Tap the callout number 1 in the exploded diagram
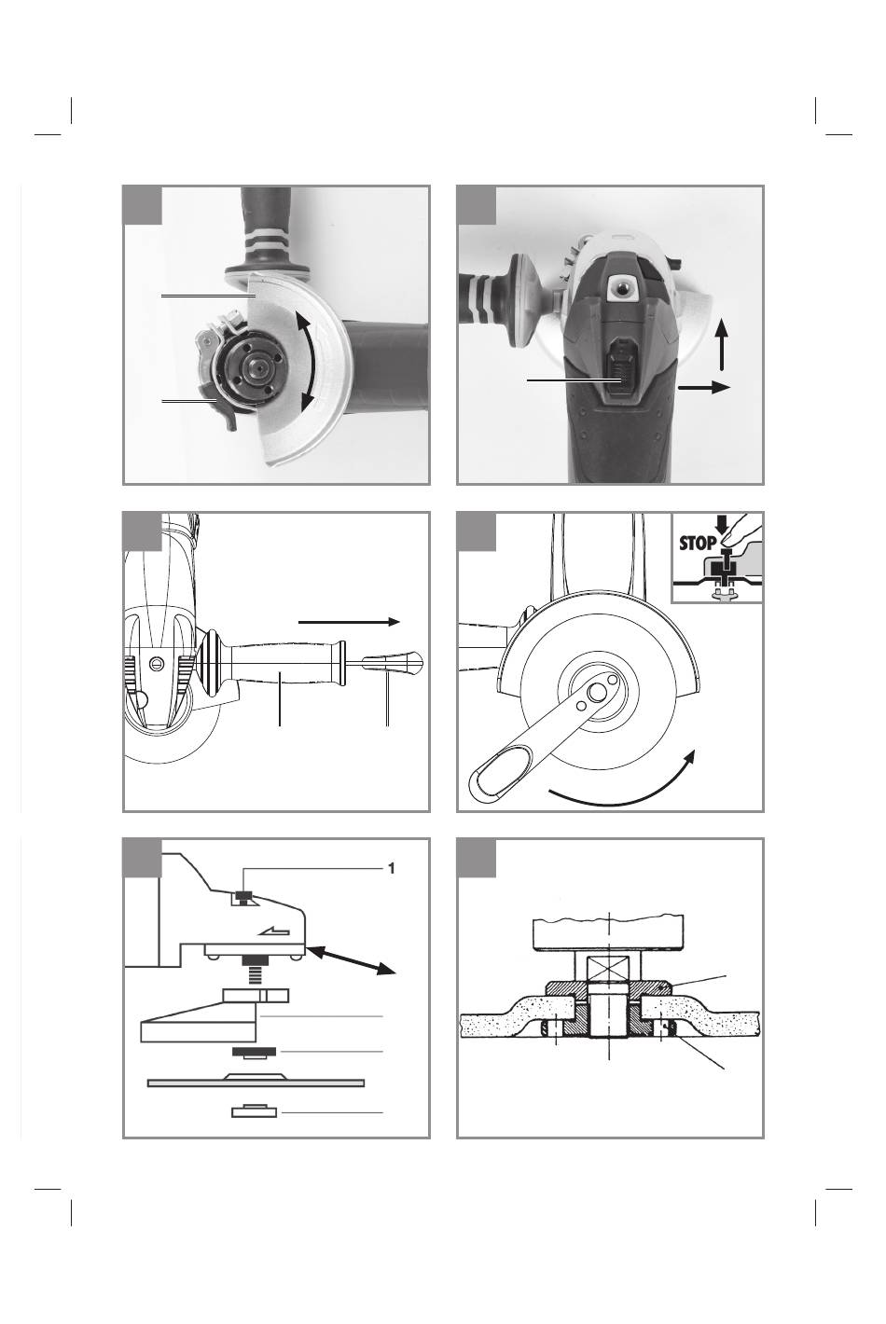coord(392,868)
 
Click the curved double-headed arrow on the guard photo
coord(307,363)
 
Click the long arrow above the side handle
coord(349,621)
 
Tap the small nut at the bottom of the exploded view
coord(254,1111)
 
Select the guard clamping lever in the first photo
coord(221,410)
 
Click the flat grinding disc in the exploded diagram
coord(256,1083)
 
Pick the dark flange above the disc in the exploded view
coord(252,1052)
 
